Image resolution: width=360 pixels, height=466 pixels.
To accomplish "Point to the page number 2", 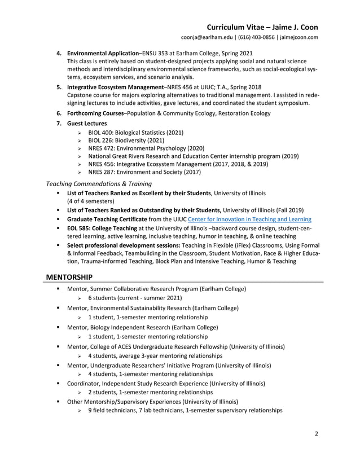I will (x=317, y=434).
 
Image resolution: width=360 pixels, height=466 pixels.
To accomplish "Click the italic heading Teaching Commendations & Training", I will (x=98, y=183).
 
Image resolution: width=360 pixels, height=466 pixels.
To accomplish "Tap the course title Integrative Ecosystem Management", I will (x=114, y=87).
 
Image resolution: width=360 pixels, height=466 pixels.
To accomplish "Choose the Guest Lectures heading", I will (x=86, y=123).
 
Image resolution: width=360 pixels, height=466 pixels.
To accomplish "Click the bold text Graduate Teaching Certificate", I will (x=109, y=219).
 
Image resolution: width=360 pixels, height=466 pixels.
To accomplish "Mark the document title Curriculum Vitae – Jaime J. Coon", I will (x=262, y=27).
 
